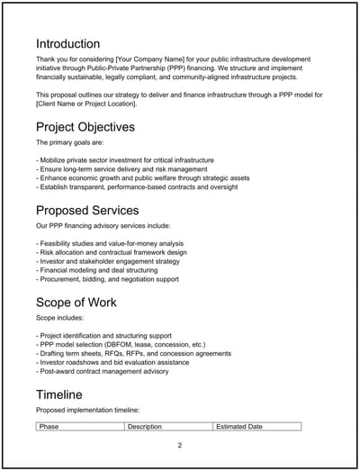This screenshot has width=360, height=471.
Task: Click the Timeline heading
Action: point(60,394)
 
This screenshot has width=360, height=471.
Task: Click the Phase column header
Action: point(49,426)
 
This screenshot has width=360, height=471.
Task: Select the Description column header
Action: point(145,426)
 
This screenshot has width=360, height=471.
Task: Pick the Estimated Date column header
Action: point(239,426)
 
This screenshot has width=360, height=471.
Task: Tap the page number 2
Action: point(180,445)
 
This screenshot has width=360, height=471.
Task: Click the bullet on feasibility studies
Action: point(110,243)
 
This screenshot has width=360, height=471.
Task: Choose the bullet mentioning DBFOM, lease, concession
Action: point(121,344)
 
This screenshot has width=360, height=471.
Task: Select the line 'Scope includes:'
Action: point(59,317)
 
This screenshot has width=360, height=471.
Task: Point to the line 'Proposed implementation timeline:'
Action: point(88,410)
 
